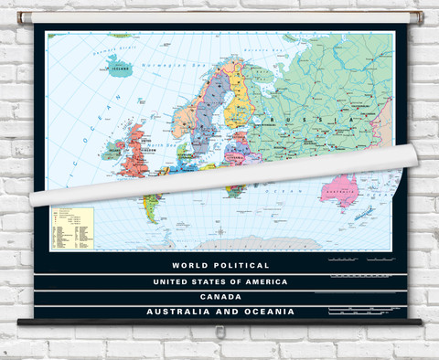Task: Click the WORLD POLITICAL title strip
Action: (220, 265)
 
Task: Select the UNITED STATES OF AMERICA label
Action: (220, 281)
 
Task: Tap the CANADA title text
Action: (220, 297)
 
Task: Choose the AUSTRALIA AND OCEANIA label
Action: (220, 312)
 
